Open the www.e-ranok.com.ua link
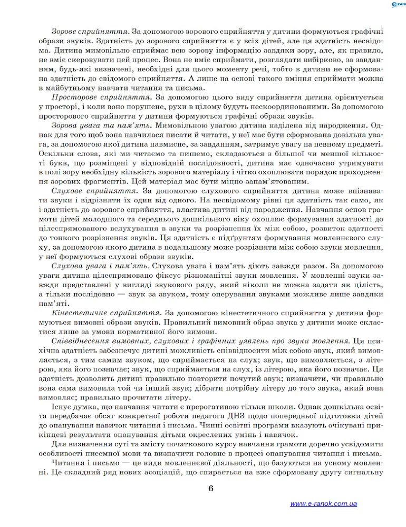click(323, 504)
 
